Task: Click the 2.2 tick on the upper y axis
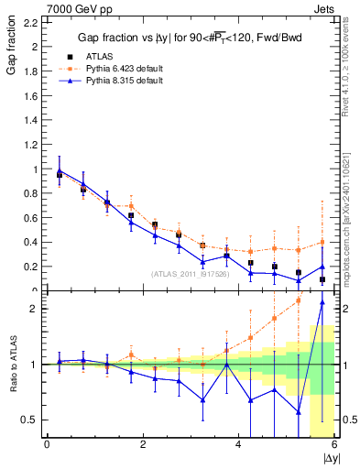click(x=30, y=22)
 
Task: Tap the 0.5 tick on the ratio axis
click(x=30, y=420)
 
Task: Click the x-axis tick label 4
click(x=239, y=445)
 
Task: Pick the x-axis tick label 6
click(x=335, y=445)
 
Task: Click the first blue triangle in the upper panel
click(x=60, y=170)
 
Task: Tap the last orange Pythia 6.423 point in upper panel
click(x=322, y=243)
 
